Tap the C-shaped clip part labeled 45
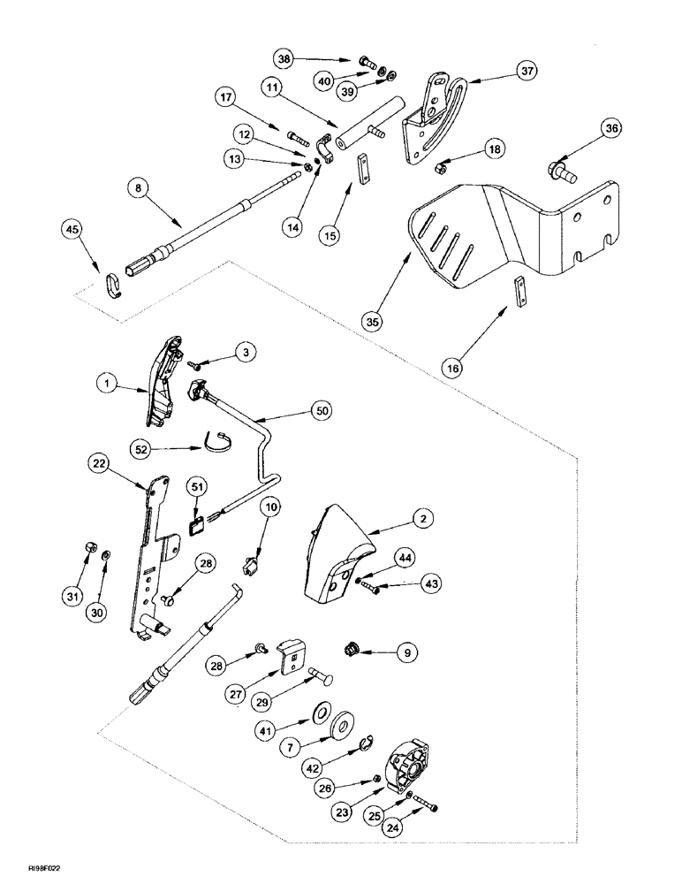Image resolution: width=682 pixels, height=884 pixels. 114,286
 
